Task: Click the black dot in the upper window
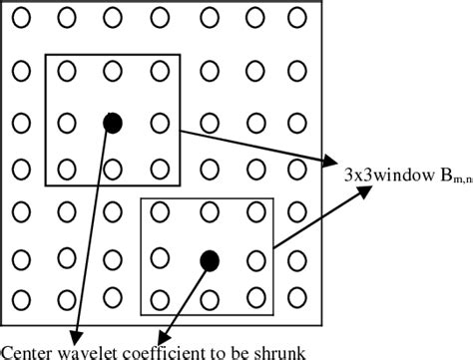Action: pos(113,123)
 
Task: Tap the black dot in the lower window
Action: pos(209,260)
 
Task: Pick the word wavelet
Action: pos(87,350)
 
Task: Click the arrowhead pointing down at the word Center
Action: pos(74,334)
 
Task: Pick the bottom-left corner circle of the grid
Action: pos(22,300)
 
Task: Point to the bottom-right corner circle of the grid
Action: pos(296,300)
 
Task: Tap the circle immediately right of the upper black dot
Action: pos(159,123)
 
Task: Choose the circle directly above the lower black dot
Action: pos(209,212)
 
